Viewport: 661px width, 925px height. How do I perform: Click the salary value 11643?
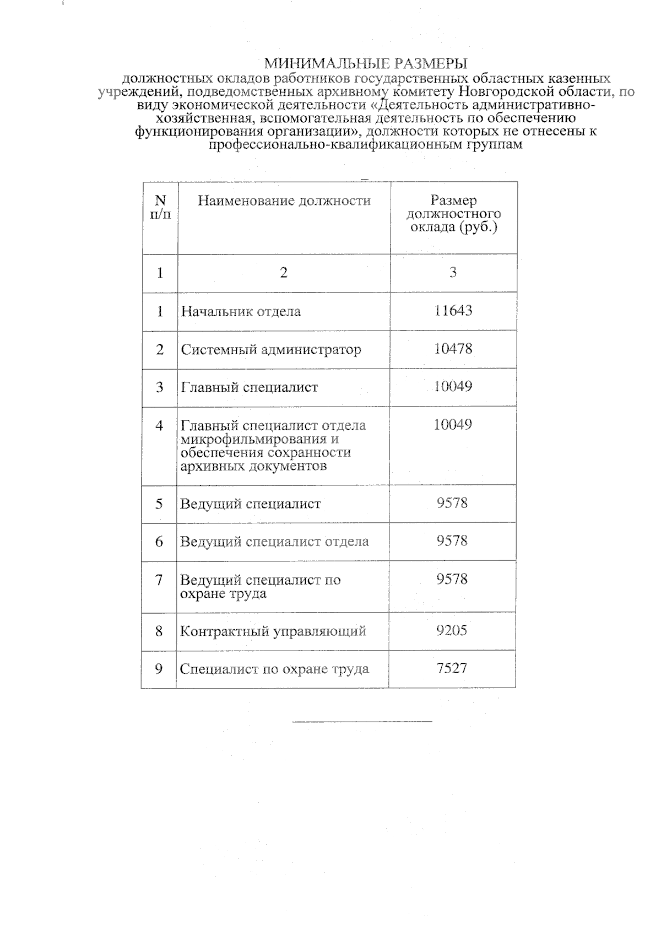coord(453,310)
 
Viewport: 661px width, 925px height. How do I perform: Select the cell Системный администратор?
coord(271,349)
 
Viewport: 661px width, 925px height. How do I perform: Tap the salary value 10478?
coord(453,348)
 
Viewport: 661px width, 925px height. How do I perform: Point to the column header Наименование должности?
coord(284,201)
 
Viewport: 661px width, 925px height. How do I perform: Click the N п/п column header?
coord(160,207)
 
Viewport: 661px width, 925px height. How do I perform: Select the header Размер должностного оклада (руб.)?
coord(453,214)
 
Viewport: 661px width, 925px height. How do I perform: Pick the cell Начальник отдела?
coord(241,311)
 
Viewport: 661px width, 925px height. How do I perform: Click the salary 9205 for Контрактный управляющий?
coord(452,630)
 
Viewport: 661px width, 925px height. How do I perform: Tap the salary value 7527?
coord(452,668)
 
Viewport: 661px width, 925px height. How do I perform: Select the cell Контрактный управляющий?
coord(273,631)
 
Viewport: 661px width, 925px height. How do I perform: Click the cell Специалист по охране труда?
coord(274,669)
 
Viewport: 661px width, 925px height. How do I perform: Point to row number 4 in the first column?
coord(159,425)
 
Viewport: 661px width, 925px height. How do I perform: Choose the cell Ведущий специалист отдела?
coord(274,541)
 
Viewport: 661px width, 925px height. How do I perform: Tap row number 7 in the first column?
coord(159,580)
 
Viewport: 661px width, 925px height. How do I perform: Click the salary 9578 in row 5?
coord(452,502)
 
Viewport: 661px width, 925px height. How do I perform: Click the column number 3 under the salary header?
coord(453,272)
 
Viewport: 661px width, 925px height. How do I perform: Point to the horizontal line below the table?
coord(362,721)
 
